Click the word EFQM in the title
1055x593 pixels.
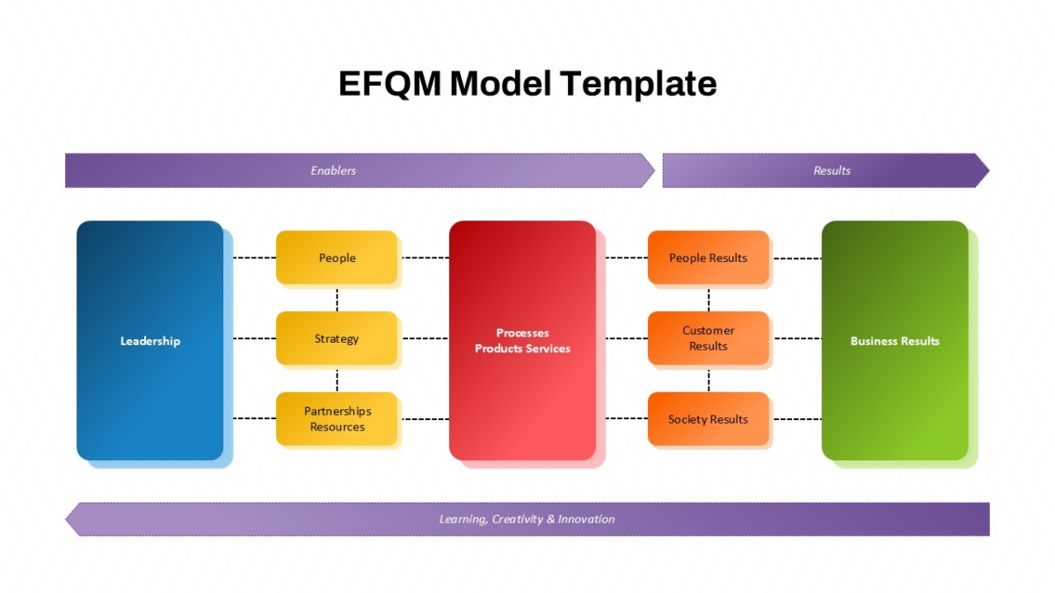(x=390, y=83)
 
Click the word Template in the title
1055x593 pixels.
(x=638, y=84)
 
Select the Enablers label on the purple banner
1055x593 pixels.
(x=333, y=170)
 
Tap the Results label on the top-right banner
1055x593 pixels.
(x=832, y=170)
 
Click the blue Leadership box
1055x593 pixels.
(x=149, y=340)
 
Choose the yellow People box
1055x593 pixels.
(x=337, y=257)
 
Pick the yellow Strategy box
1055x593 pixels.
(x=337, y=338)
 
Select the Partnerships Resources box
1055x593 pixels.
(x=337, y=419)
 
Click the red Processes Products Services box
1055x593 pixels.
(x=522, y=340)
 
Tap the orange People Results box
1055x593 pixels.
(x=709, y=257)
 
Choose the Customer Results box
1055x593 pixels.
(x=709, y=338)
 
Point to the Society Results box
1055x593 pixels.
(x=709, y=419)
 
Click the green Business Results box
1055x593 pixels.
(x=895, y=340)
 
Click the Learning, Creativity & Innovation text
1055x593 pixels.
(x=527, y=519)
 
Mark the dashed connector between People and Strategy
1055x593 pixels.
(x=337, y=300)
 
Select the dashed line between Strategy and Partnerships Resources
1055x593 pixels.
(x=337, y=380)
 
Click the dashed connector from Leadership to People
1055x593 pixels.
(x=255, y=257)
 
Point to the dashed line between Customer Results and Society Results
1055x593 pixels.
(x=709, y=380)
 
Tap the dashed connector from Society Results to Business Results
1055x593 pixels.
(x=798, y=419)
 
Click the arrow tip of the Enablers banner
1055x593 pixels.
(x=655, y=170)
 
